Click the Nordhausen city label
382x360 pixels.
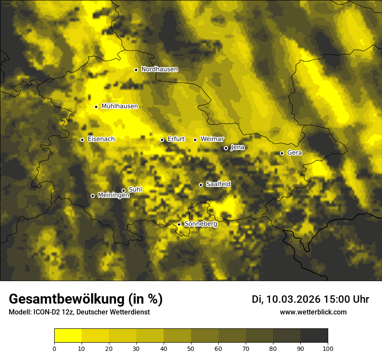pyautogui.click(x=159, y=69)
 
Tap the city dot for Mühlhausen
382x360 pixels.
pyautogui.click(x=96, y=107)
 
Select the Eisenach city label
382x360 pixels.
pyautogui.click(x=101, y=139)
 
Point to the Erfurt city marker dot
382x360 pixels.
pyautogui.click(x=162, y=140)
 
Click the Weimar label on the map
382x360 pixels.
pyautogui.click(x=212, y=139)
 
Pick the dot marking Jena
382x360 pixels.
pyautogui.click(x=226, y=148)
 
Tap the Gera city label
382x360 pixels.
pyautogui.click(x=294, y=153)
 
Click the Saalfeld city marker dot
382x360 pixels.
pyautogui.click(x=201, y=185)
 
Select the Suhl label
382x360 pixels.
pyautogui.click(x=135, y=190)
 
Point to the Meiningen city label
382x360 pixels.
pyautogui.click(x=114, y=196)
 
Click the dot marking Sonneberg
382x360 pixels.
pyautogui.click(x=179, y=224)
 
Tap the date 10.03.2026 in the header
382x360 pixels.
pyautogui.click(x=293, y=299)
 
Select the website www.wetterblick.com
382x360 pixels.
pyautogui.click(x=313, y=312)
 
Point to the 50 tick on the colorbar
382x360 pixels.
pyautogui.click(x=191, y=348)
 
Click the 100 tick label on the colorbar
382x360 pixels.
pyautogui.click(x=328, y=348)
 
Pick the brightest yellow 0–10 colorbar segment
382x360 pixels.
pyautogui.click(x=68, y=335)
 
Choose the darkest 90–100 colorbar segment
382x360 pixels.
pyautogui.click(x=314, y=335)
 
